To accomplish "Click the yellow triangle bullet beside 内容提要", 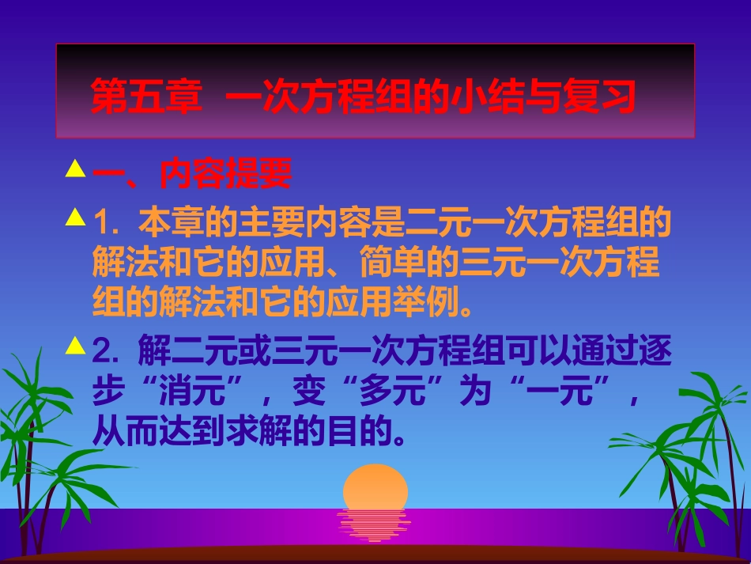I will point(75,168).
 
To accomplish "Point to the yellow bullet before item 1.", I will point(75,216).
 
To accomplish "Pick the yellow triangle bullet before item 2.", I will point(75,344).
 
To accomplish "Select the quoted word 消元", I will point(176,392).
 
